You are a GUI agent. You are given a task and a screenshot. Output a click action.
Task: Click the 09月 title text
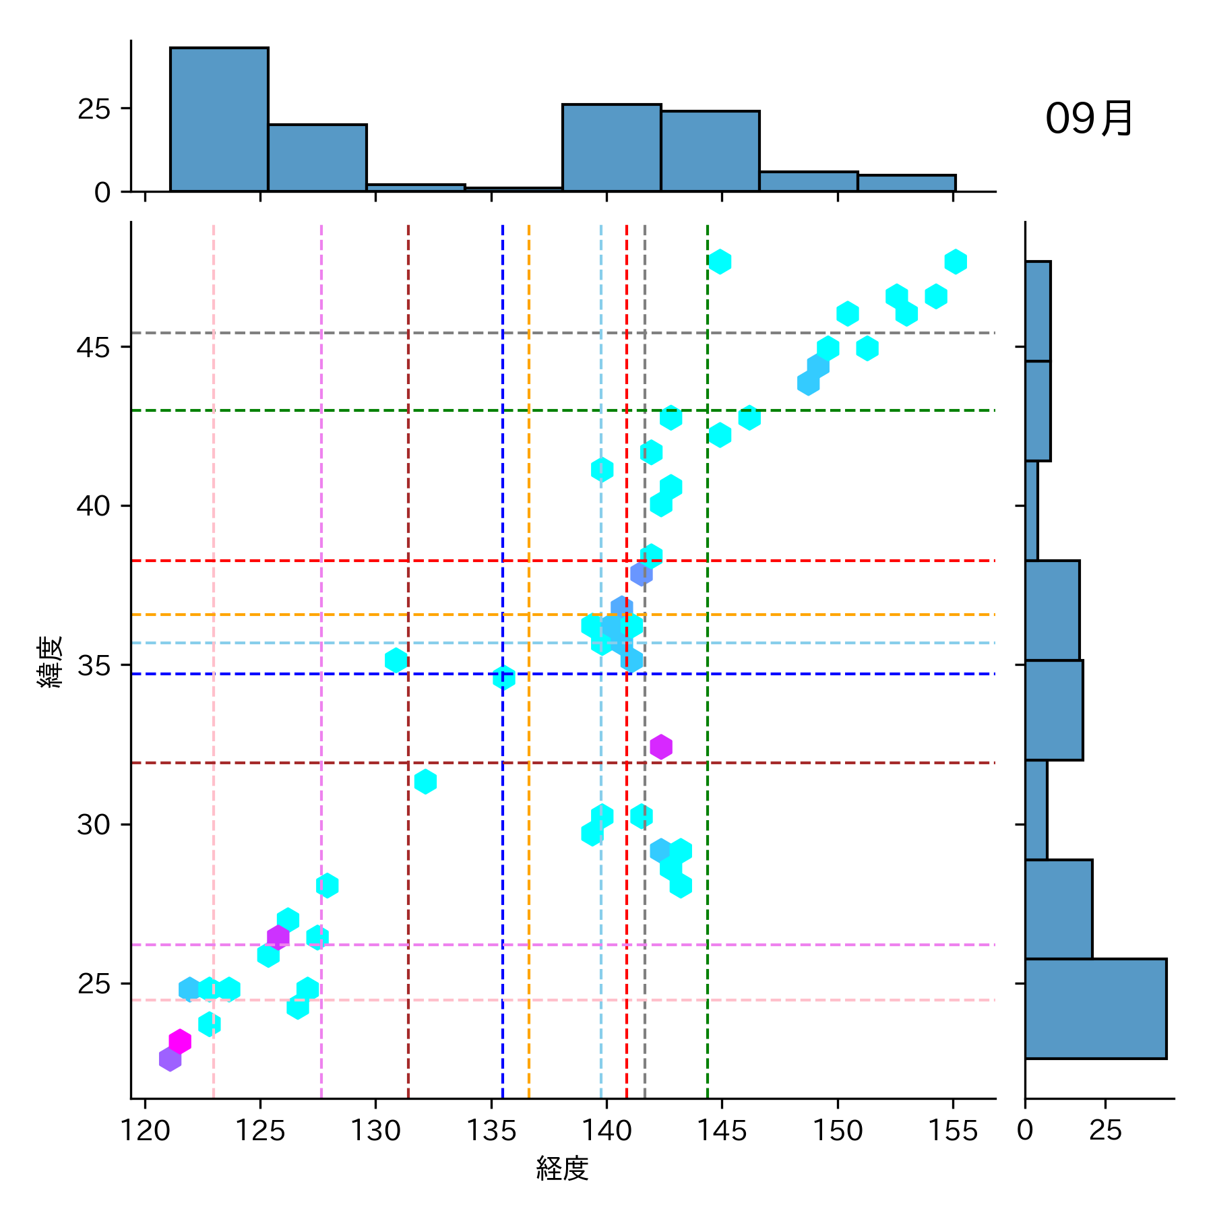(1088, 119)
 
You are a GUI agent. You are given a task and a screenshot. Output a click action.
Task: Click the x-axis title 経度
(562, 1168)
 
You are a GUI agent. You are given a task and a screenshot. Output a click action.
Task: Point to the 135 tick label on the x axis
(491, 1130)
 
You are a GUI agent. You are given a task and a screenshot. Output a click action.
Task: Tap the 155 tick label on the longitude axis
(953, 1130)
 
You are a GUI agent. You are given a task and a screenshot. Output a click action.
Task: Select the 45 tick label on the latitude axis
(93, 347)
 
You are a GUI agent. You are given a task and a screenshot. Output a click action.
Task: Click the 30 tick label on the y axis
(93, 824)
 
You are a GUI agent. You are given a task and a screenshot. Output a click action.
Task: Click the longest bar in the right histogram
(1095, 1008)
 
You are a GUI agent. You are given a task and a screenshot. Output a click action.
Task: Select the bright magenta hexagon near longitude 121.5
(180, 1041)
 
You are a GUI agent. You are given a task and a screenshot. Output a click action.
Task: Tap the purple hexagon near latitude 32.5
(661, 747)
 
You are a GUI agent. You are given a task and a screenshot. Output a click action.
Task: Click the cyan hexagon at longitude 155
(956, 261)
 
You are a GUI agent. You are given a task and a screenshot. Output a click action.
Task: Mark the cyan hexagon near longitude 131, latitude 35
(396, 660)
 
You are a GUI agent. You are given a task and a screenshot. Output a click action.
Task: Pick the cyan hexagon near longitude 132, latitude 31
(425, 782)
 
